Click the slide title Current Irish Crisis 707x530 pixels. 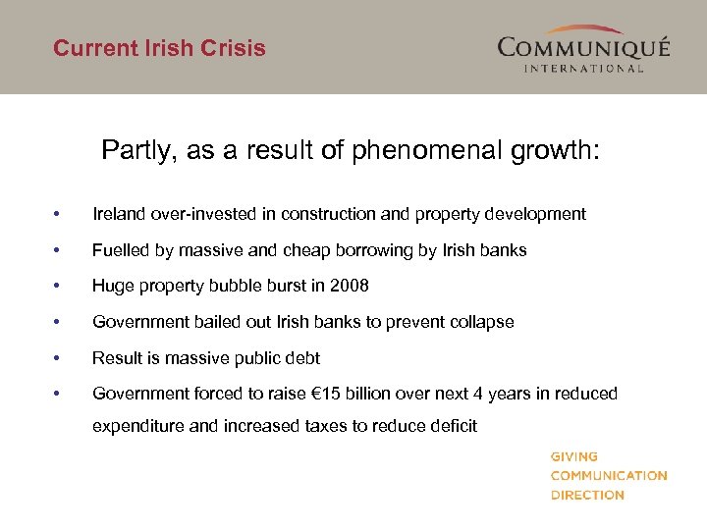[159, 48]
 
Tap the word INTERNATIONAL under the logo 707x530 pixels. [583, 69]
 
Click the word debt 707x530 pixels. [304, 358]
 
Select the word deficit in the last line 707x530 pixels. [452, 425]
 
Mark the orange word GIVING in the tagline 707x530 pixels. [574, 456]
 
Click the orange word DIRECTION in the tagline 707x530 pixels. [587, 495]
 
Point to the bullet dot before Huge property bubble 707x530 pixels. [60, 286]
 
